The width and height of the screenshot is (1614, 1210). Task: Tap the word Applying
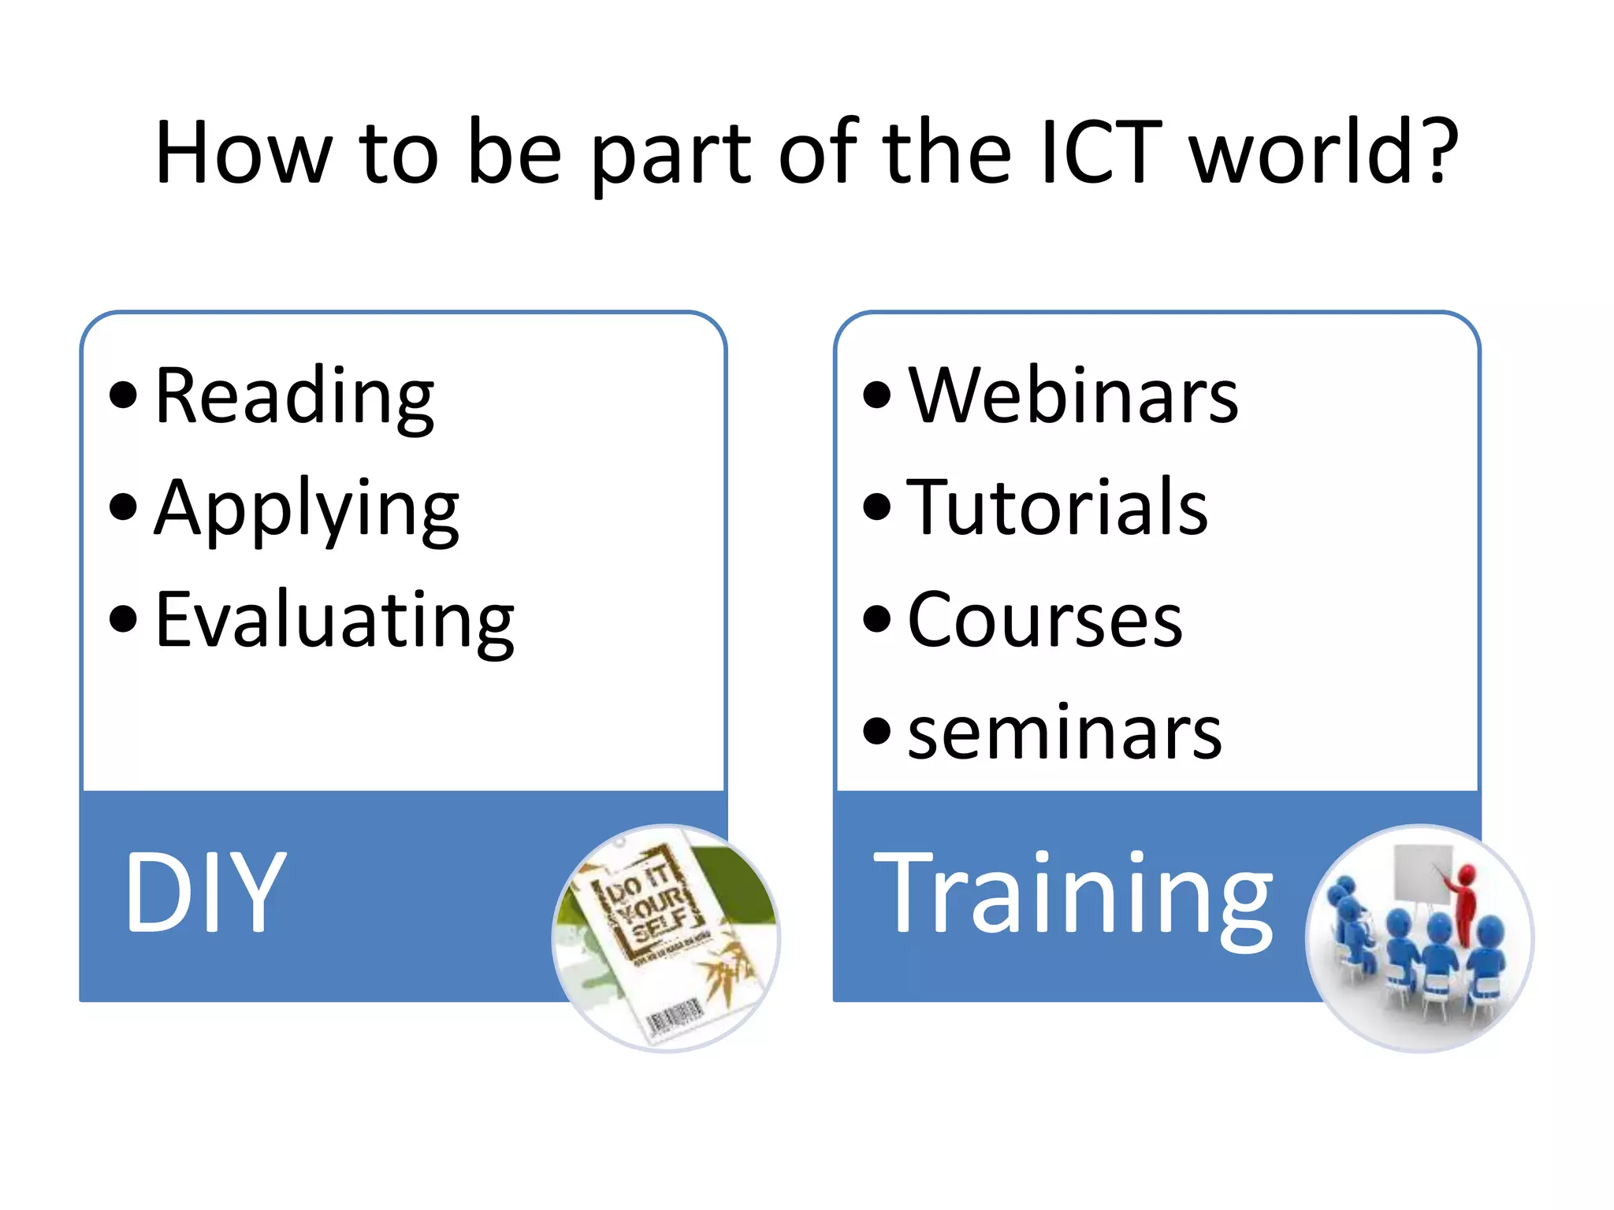click(x=307, y=510)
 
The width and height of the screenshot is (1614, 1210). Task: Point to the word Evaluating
click(x=335, y=622)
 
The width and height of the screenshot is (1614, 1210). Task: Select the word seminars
click(x=1064, y=733)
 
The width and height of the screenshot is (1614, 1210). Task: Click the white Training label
click(x=1073, y=894)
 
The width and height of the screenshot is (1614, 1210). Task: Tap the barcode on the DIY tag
click(x=675, y=1016)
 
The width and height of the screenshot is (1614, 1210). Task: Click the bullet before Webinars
click(x=876, y=395)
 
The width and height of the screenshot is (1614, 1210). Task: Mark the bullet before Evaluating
click(x=123, y=618)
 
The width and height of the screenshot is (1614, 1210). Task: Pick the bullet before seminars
click(x=876, y=731)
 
